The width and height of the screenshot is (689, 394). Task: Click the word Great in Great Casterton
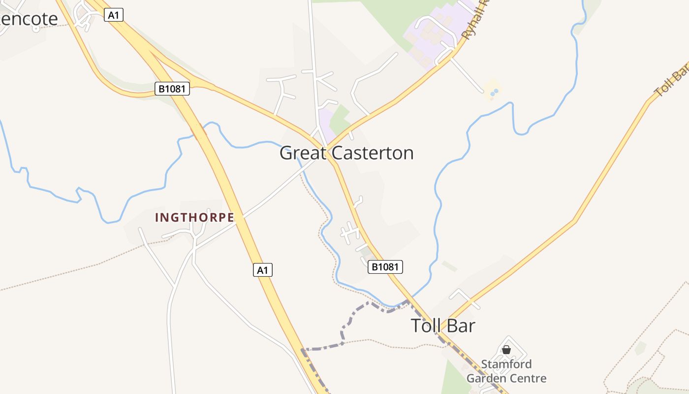point(302,153)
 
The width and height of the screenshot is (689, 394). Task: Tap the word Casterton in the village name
point(373,153)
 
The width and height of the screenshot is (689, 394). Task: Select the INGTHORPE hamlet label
point(194,217)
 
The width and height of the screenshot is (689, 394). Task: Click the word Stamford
point(506,364)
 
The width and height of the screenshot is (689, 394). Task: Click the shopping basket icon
point(506,350)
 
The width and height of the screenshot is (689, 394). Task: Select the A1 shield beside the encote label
point(114,15)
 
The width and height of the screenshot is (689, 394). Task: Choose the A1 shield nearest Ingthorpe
point(263,270)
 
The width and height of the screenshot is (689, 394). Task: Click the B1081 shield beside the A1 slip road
point(172,89)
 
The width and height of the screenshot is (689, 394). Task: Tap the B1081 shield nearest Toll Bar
point(385,267)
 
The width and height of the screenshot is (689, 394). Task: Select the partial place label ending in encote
point(29,19)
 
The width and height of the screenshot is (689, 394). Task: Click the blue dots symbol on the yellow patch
point(494,92)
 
